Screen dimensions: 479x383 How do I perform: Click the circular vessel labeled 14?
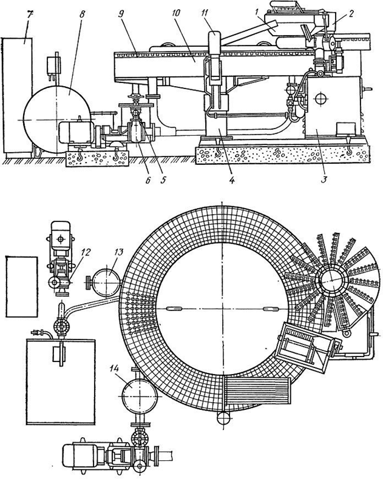140,396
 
